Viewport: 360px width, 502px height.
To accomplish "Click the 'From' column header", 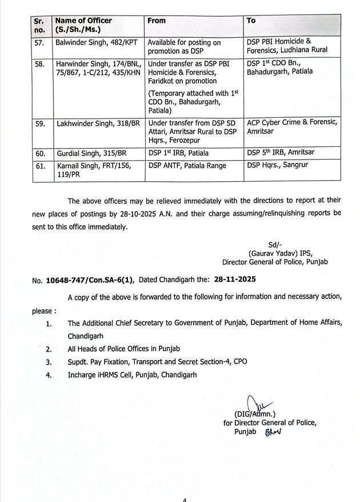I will (x=157, y=21).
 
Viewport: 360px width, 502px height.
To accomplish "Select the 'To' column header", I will (x=251, y=21).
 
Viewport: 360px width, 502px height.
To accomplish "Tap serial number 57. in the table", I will (x=39, y=42).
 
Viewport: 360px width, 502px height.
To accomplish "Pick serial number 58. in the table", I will (x=39, y=65).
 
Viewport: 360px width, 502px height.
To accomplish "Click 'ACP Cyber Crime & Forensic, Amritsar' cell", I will (x=291, y=126).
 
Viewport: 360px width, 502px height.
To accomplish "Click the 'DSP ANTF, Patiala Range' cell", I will (x=187, y=166).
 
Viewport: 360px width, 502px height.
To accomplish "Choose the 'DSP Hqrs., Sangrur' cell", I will (x=277, y=166).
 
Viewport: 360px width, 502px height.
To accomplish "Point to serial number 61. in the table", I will (x=39, y=166).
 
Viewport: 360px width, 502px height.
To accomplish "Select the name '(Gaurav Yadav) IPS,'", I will (x=280, y=254).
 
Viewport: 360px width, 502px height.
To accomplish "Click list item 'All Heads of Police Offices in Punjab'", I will (x=123, y=349).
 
